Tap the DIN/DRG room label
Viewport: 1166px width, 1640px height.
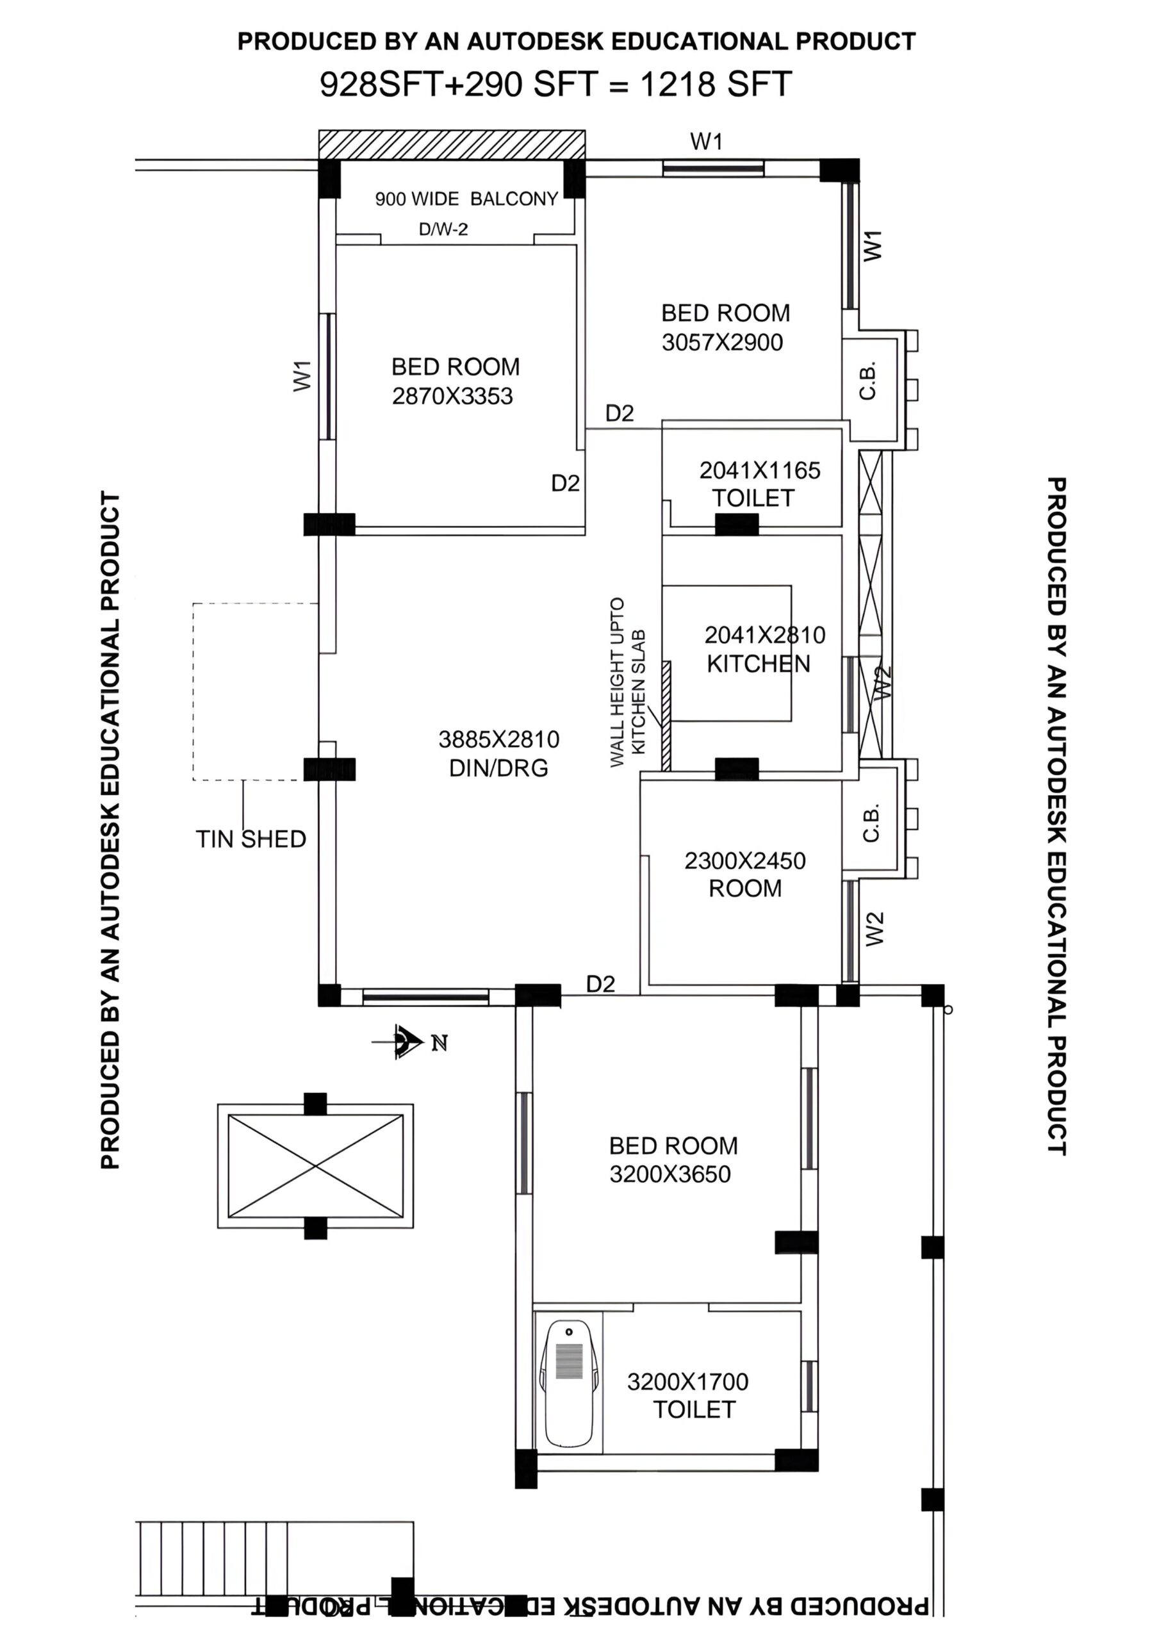(498, 768)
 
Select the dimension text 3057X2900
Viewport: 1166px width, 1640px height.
(722, 342)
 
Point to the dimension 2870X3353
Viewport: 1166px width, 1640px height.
(452, 396)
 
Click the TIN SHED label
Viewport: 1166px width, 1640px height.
(251, 839)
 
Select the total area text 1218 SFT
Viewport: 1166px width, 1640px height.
(716, 85)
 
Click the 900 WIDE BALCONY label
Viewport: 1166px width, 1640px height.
(466, 199)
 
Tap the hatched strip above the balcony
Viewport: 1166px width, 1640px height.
(452, 145)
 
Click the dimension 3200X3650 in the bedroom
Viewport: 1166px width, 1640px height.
(670, 1174)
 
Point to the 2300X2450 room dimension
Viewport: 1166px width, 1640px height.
(744, 860)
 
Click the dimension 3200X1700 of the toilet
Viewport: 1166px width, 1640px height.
(688, 1382)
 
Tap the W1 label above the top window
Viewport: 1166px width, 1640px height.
(707, 142)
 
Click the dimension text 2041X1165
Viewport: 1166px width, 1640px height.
(760, 470)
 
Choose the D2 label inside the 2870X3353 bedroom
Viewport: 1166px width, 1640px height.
(565, 483)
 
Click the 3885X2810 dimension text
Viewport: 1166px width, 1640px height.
(498, 739)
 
